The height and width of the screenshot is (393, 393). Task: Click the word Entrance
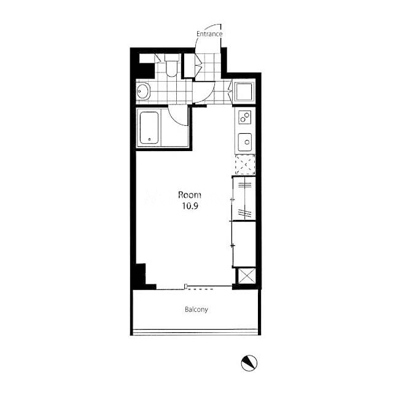[x=209, y=34]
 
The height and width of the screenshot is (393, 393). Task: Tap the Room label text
[x=190, y=195]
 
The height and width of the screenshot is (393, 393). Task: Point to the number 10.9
[x=190, y=206]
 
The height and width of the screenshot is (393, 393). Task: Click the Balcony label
[x=196, y=309]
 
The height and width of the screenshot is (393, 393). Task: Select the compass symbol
[x=249, y=363]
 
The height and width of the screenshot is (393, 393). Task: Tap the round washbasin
[x=143, y=91]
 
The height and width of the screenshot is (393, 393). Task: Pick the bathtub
[x=149, y=128]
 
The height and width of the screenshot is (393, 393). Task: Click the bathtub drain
[x=150, y=139]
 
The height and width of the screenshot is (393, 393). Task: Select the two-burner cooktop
[x=244, y=117]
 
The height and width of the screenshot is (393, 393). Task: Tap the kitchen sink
[x=245, y=142]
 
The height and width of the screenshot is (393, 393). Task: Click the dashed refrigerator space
[x=245, y=165]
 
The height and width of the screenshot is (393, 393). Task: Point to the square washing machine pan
[x=244, y=91]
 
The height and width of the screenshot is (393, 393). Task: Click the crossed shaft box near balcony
[x=246, y=276]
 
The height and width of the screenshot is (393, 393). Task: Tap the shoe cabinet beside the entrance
[x=189, y=66]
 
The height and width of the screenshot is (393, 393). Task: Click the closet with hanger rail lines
[x=244, y=199]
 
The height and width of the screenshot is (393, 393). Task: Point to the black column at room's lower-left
[x=141, y=276]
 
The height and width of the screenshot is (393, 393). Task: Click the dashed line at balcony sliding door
[x=201, y=289]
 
